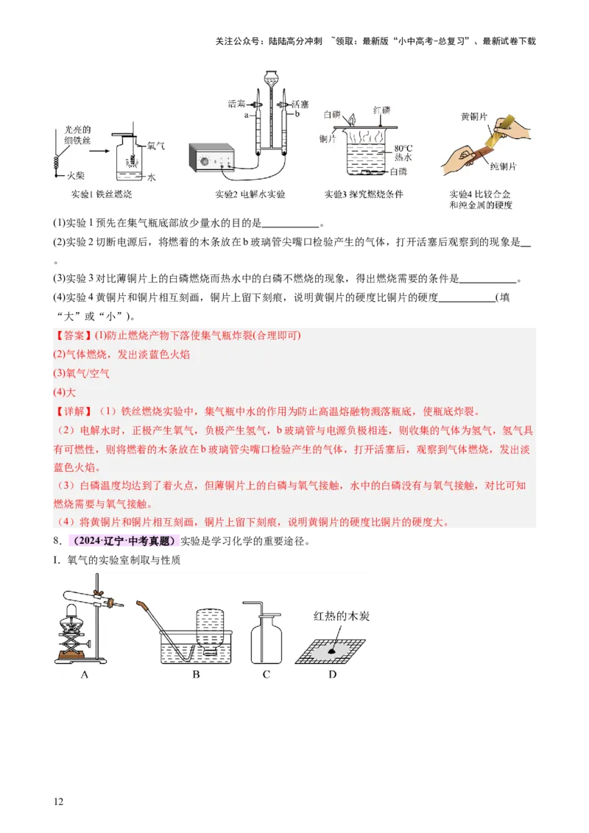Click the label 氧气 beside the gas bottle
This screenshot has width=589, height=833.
pos(156,146)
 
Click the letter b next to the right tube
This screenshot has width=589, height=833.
pos(297,116)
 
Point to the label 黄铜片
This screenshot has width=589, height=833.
pos(474,116)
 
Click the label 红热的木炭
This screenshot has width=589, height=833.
pos(341,616)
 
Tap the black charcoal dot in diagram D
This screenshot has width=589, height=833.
pos(334,651)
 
